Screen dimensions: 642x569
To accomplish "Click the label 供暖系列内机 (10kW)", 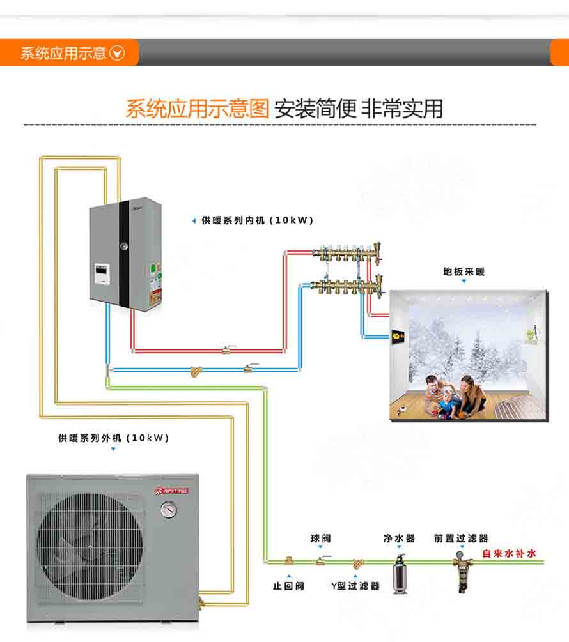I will click(257, 220).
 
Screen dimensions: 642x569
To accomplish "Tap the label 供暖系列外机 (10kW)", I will click(113, 438).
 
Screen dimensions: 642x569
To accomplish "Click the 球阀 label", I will click(321, 539).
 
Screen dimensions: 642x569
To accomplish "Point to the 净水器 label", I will click(400, 539).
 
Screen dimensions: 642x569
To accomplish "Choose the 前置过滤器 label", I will click(461, 539).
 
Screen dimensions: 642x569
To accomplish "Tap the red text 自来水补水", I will click(509, 554).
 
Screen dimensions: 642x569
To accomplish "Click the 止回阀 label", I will click(288, 586).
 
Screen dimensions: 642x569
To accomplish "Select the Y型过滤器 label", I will click(355, 586).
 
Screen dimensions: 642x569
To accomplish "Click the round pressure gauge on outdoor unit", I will click(169, 509).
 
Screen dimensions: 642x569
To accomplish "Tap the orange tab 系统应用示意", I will click(70, 53).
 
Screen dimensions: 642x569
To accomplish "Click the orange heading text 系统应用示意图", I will click(197, 109).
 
